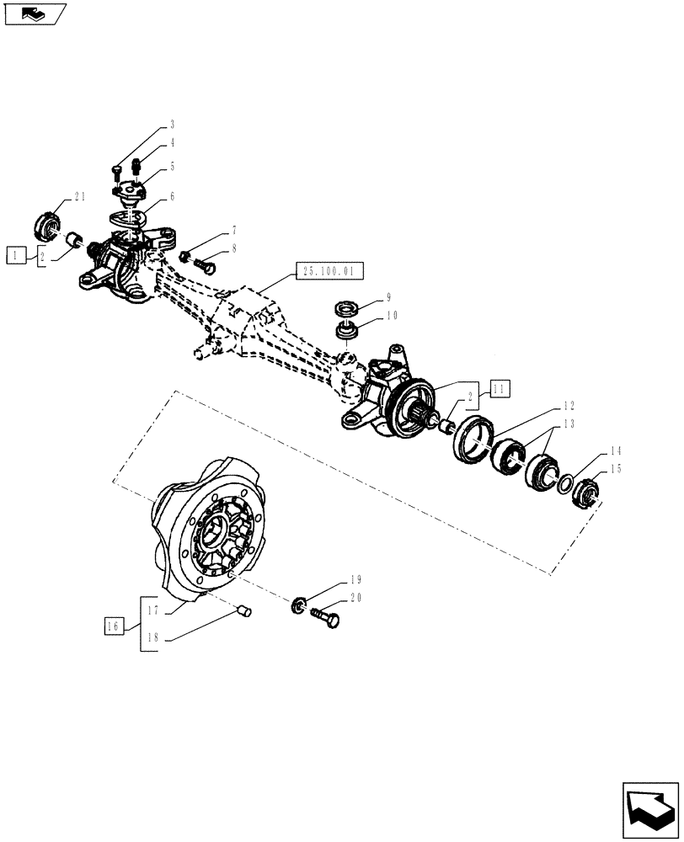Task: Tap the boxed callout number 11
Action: coord(500,388)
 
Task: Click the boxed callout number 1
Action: coord(15,253)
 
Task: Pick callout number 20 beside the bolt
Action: coord(355,599)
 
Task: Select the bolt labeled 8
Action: coord(205,264)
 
